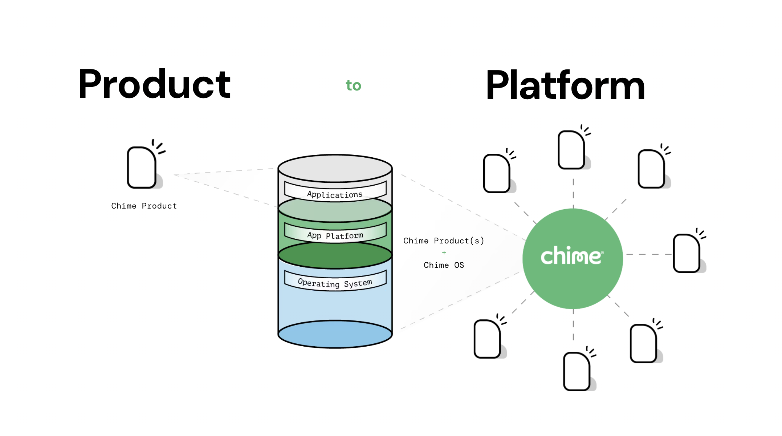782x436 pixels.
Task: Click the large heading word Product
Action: pos(154,84)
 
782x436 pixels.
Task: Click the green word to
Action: pos(353,85)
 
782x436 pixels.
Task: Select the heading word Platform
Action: pos(565,85)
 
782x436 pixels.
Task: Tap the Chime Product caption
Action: pos(144,206)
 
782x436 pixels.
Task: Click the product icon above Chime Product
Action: pos(142,167)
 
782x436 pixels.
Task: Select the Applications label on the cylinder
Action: pos(335,194)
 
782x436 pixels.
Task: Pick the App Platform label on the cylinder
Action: pos(335,235)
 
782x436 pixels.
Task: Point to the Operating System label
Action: pos(335,283)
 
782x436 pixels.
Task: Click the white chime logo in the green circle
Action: pos(572,256)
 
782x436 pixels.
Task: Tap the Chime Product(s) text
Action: pos(444,241)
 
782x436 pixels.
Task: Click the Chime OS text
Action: pos(444,265)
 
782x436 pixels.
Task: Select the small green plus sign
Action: pos(444,253)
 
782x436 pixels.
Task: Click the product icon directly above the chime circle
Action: pos(572,150)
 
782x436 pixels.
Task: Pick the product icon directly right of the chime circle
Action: pos(687,253)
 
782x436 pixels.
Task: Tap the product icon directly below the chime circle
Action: pos(577,371)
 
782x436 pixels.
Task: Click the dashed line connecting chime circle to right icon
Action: pos(648,254)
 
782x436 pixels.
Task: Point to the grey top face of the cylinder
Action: pos(335,168)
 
